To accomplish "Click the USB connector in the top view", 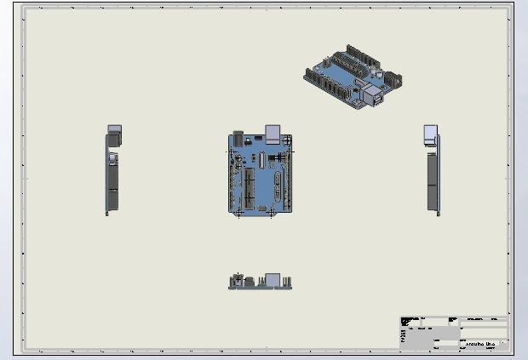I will pyautogui.click(x=273, y=133).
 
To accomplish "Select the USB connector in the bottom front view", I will pyautogui.click(x=273, y=280).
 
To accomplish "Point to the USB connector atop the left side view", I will pyautogui.click(x=114, y=134).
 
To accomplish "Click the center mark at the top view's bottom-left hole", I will pyautogui.click(x=238, y=213).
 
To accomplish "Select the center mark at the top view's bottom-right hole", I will pyautogui.click(x=271, y=213).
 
